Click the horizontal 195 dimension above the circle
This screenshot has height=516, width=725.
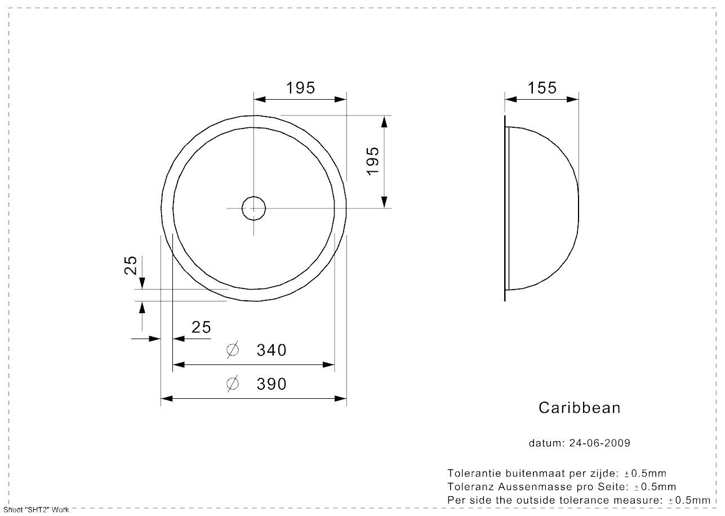pyautogui.click(x=300, y=88)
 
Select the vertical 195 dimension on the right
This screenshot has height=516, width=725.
pyautogui.click(x=372, y=161)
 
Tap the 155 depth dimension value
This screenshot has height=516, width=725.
pyautogui.click(x=542, y=88)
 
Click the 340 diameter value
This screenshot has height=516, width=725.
pyautogui.click(x=272, y=350)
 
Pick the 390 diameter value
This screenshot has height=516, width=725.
pyautogui.click(x=272, y=384)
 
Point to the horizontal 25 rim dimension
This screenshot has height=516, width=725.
pyautogui.click(x=201, y=327)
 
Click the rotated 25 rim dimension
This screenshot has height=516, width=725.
pyautogui.click(x=131, y=265)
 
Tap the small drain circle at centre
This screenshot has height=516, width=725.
pyautogui.click(x=253, y=208)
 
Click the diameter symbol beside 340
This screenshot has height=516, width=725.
pyautogui.click(x=233, y=350)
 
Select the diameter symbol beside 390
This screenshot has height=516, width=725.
pyautogui.click(x=233, y=384)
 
